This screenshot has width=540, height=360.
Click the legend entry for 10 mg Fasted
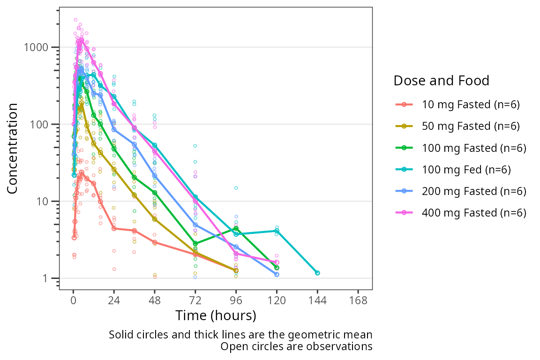coord(459,105)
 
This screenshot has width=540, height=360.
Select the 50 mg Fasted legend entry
coord(459,126)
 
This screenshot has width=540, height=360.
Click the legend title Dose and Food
coord(441,81)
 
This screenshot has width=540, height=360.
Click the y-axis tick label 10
coord(46,202)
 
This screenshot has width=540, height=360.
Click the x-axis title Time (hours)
coord(216,315)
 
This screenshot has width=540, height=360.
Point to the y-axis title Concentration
coord(13,148)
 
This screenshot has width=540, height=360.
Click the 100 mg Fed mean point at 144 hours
coord(317,273)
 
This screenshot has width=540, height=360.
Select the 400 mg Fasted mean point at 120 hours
coord(277,262)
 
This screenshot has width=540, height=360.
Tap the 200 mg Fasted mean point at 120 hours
coord(277,275)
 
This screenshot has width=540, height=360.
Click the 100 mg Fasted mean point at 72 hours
coord(195,244)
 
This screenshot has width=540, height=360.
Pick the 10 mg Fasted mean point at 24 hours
coord(114,229)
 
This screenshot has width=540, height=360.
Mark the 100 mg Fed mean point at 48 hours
coord(155,145)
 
